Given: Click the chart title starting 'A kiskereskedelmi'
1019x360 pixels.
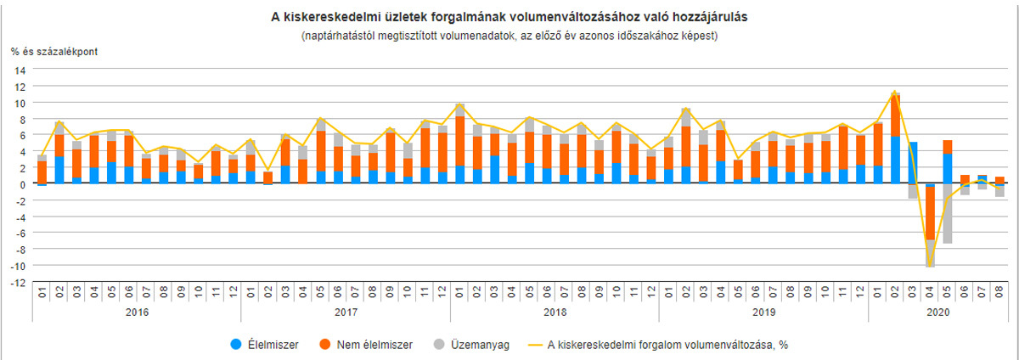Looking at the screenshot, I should (509, 16).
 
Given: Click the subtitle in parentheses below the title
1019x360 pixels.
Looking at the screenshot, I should (509, 36).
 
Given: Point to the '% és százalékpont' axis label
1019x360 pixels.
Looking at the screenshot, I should (54, 53).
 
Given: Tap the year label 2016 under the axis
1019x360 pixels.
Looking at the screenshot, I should (137, 313).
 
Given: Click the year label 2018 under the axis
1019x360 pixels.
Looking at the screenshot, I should (555, 313).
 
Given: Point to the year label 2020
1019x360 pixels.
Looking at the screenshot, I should (938, 313).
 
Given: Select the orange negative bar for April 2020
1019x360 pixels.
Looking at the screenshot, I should (931, 212).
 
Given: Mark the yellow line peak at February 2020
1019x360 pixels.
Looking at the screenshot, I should (894, 92).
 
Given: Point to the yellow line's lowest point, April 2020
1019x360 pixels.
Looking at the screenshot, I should (931, 267).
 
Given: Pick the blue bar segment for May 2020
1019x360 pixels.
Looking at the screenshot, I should (948, 168).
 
